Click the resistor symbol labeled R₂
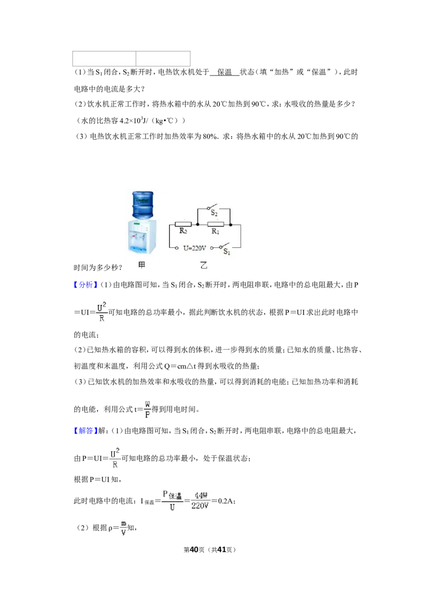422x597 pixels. (x=183, y=224)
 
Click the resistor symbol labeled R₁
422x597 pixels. (x=216, y=224)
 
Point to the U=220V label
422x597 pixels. (x=195, y=248)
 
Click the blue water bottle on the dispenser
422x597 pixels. (x=143, y=205)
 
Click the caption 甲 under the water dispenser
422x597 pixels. (x=142, y=265)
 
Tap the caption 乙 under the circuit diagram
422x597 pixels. (x=204, y=265)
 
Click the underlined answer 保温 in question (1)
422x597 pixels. (x=224, y=72)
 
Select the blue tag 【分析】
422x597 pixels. (x=85, y=284)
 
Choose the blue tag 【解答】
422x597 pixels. (x=85, y=431)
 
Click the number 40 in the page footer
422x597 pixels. (x=194, y=550)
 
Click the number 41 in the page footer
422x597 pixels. (x=221, y=550)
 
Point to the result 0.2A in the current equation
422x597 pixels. (x=225, y=501)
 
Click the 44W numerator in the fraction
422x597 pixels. (x=201, y=495)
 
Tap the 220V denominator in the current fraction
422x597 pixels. (x=200, y=506)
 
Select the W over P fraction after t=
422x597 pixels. (x=147, y=409)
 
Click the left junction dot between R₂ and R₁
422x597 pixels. (x=198, y=225)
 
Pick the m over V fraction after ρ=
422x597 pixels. (x=123, y=528)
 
